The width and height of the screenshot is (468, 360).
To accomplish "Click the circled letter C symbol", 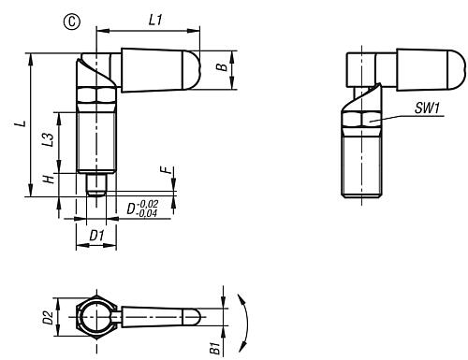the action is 72,22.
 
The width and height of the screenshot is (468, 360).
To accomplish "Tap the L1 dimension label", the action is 155,21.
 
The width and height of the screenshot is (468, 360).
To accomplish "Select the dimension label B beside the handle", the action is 222,67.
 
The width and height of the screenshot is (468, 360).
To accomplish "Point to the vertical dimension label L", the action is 21,123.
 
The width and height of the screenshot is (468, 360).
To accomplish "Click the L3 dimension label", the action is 48,139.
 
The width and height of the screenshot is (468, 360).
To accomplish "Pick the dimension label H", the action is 49,179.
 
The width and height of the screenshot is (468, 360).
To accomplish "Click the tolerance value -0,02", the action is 148,204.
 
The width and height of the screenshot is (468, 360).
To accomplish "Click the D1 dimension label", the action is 96,236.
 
